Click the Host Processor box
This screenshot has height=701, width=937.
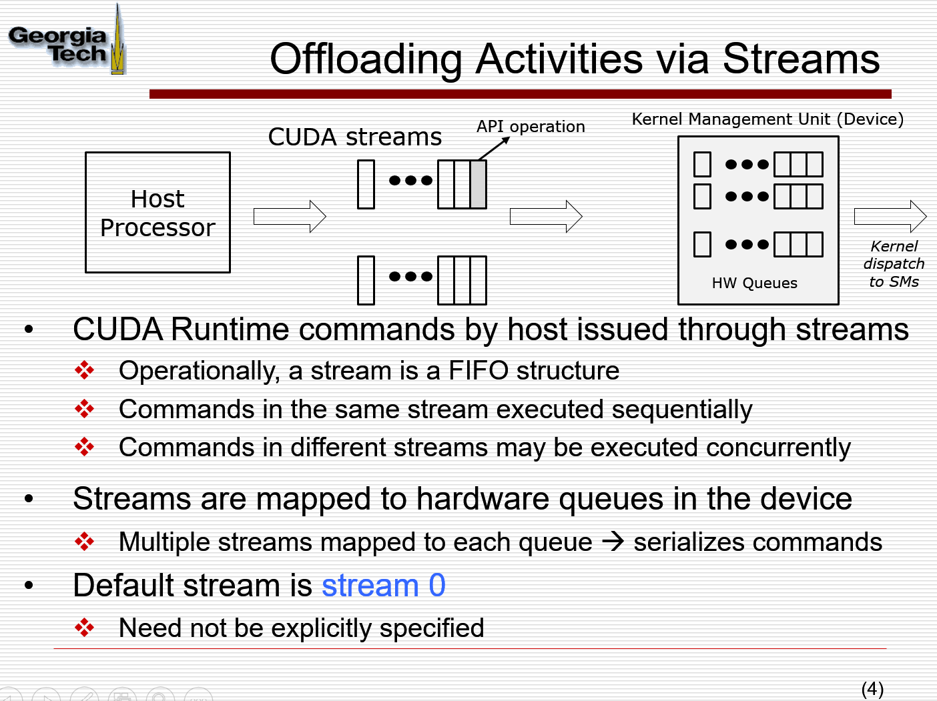pos(158,213)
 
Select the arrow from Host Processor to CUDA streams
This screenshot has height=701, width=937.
pos(290,216)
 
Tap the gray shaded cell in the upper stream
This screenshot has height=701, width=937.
pos(478,185)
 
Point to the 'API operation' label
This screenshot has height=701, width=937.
pos(531,127)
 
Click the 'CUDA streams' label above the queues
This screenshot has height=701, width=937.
pos(354,137)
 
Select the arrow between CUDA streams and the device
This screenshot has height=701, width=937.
pos(546,216)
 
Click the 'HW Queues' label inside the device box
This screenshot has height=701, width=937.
pos(754,283)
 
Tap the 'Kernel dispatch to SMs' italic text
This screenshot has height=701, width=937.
pos(894,264)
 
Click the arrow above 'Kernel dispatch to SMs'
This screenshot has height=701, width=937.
pos(890,216)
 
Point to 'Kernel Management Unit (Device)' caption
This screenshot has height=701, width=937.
pos(767,119)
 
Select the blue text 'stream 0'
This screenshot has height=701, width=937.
pos(383,586)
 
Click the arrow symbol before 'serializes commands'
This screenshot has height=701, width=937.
pos(613,542)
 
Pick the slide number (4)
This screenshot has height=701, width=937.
pos(872,688)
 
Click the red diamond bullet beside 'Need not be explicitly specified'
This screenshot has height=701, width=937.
pos(85,628)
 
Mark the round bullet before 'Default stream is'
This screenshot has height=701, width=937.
pos(29,586)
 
